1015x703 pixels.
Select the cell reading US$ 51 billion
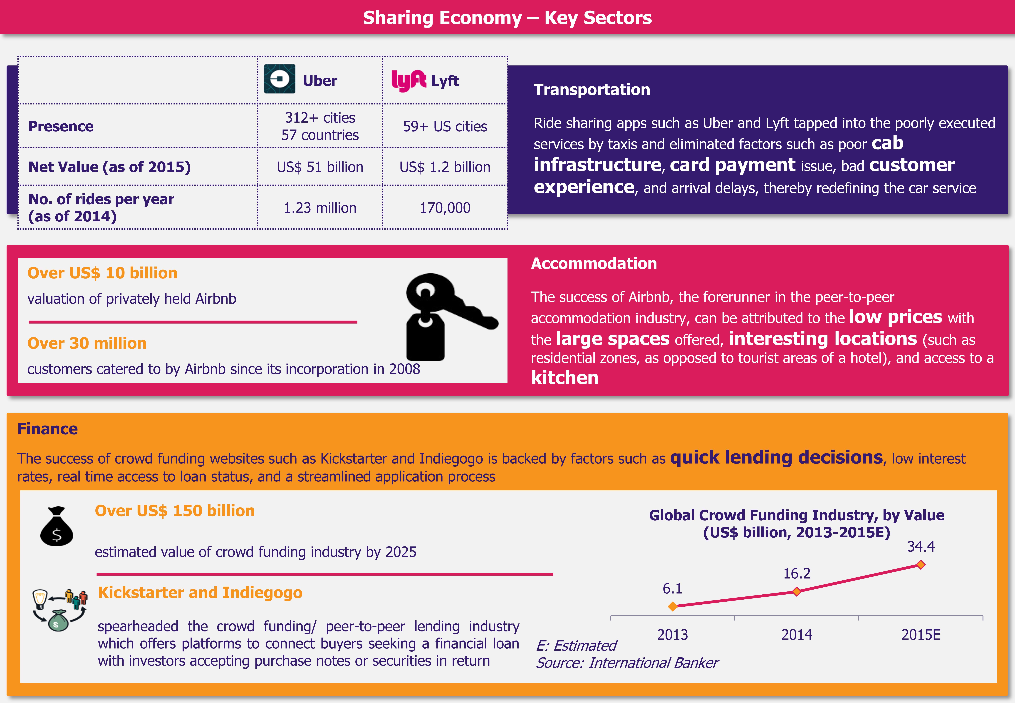pos(320,167)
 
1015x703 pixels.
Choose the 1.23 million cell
pos(320,207)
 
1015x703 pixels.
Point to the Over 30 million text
pos(87,343)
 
